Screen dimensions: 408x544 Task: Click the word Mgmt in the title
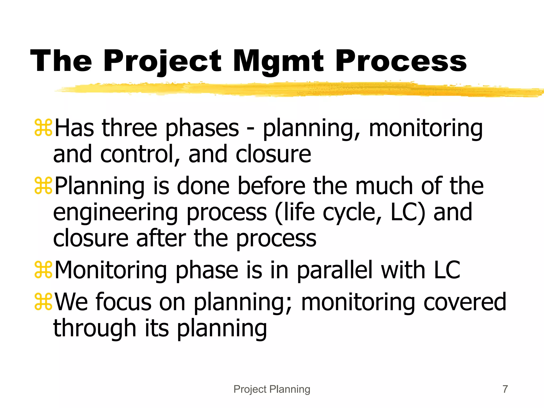[x=278, y=62]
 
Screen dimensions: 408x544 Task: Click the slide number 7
[x=505, y=389]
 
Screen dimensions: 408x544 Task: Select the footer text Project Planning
[x=272, y=389]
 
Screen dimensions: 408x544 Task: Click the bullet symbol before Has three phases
[x=43, y=128]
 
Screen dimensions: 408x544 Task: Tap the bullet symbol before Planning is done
[x=43, y=186]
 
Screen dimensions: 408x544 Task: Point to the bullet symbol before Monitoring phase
[x=43, y=270]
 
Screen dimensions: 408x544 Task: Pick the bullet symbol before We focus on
[x=43, y=302]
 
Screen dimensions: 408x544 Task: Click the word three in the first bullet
[x=130, y=128]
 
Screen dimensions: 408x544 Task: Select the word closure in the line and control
[x=273, y=154]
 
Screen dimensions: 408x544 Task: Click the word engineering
[x=115, y=213]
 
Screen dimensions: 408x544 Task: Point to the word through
[x=95, y=328]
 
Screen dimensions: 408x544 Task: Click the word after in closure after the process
[x=161, y=238]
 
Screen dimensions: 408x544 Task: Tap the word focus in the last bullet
[x=123, y=302]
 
